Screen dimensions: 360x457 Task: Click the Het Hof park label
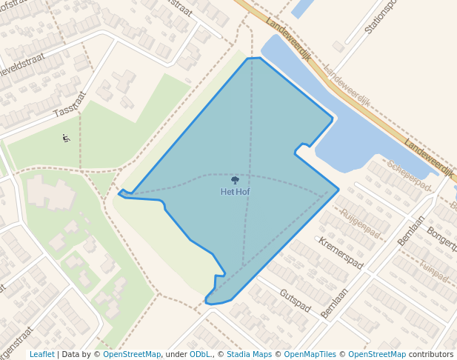pos(235,192)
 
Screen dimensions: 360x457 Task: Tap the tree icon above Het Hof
pos(235,180)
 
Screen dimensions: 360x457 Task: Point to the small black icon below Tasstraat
pos(66,138)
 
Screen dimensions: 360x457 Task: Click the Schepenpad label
pos(409,176)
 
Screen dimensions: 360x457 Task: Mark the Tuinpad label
pos(433,270)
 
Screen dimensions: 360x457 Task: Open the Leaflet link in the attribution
pos(41,355)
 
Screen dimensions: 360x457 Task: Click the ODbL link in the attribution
pos(200,355)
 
